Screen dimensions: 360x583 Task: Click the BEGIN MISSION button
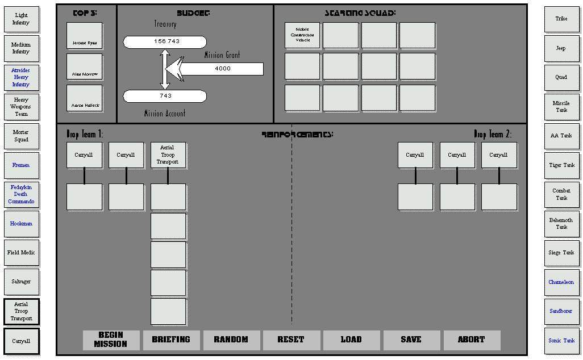coord(111,340)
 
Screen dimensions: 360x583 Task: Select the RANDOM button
coord(231,340)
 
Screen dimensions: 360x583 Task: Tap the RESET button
coord(291,340)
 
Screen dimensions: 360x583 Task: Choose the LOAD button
coord(351,340)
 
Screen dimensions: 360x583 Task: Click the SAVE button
coord(411,340)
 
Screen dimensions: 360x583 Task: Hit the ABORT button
coord(472,340)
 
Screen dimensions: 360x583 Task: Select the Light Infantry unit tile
coord(21,19)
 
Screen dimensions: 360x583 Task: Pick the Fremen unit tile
coord(21,165)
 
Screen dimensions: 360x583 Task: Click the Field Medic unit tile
coord(21,253)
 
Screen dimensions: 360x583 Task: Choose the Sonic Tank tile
coord(561,341)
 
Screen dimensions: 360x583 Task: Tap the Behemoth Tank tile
coord(561,223)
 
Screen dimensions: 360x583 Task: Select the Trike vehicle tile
coord(561,19)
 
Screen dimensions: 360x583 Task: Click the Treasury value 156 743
coord(165,42)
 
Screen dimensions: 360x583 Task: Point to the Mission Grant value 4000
coord(223,69)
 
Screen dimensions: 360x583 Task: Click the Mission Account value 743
coord(165,96)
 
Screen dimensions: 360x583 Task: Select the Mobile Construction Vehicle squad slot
coord(302,35)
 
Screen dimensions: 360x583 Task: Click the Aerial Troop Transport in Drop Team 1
coord(168,155)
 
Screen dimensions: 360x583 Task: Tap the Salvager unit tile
coord(21,282)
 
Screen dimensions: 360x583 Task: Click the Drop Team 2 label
coord(492,135)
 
